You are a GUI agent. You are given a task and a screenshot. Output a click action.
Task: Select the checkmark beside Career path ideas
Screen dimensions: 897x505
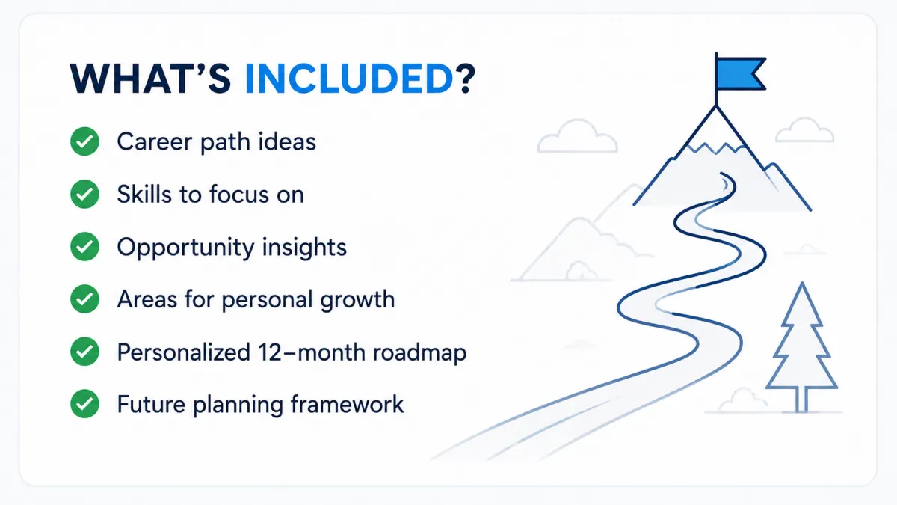(84, 141)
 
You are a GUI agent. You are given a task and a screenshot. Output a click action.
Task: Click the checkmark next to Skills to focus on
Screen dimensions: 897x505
(84, 194)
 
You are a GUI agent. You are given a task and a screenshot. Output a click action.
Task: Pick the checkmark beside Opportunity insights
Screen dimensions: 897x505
(84, 246)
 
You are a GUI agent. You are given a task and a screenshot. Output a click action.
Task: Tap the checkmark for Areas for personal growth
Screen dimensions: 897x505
(84, 299)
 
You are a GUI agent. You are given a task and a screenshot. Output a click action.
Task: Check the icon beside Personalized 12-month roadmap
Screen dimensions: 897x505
(84, 352)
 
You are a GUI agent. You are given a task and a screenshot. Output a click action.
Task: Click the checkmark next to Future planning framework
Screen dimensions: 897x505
(84, 404)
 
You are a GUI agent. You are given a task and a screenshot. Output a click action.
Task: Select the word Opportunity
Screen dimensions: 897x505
(185, 248)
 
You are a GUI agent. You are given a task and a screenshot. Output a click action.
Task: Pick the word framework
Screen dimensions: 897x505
(347, 404)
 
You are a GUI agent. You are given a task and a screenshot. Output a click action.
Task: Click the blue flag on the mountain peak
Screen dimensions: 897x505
(741, 73)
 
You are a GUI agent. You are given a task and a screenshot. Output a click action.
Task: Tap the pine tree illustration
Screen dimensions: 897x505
(801, 347)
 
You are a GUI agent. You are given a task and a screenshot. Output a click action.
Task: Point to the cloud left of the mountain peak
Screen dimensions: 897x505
(577, 136)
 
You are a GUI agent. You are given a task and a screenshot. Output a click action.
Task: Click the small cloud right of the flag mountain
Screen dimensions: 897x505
(805, 130)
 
